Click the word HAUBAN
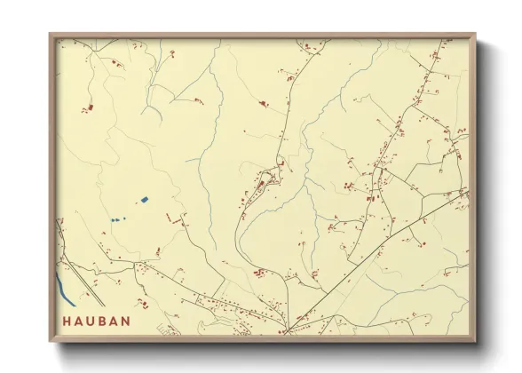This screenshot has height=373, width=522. (x=97, y=321)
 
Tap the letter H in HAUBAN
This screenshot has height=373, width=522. (x=67, y=321)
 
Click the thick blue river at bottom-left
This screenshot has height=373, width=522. (x=65, y=287)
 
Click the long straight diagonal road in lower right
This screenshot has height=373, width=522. (x=382, y=249)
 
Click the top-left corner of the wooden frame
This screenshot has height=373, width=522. (x=50, y=35)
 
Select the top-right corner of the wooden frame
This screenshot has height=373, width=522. (x=475, y=35)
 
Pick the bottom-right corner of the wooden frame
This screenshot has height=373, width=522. (x=475, y=341)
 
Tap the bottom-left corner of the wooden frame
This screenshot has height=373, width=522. (x=50, y=341)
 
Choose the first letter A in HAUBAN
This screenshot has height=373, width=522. (x=79, y=321)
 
